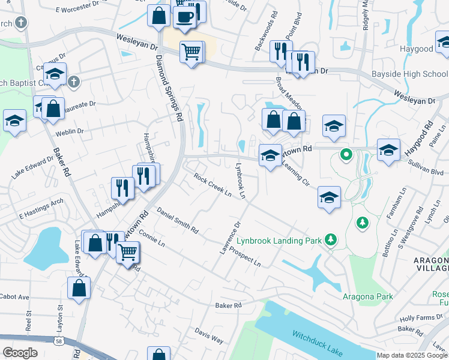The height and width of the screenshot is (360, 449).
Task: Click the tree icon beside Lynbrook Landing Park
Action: (x=330, y=240)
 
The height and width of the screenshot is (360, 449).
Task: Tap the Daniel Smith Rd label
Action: (x=178, y=220)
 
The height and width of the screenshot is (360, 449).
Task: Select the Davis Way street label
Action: (x=209, y=335)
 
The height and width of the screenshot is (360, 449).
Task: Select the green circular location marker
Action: (x=346, y=155)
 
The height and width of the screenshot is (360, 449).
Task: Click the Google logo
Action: (x=20, y=353)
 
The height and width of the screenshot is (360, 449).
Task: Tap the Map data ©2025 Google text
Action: (x=412, y=355)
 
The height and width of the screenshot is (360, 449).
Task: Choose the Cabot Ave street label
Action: (x=14, y=297)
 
